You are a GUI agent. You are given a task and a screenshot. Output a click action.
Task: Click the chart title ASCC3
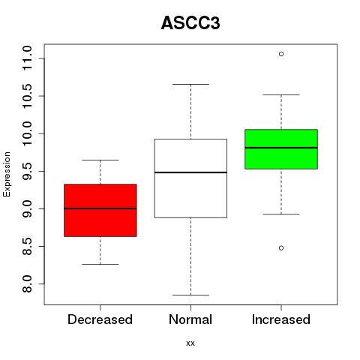point(190,23)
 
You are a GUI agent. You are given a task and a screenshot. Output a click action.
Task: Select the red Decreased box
point(100,210)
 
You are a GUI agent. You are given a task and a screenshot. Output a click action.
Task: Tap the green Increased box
point(281,149)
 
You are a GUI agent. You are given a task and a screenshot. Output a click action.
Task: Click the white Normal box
point(190,178)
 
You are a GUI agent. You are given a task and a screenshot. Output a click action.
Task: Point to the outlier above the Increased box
point(281,54)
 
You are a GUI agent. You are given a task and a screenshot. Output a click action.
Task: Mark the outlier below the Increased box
point(281,248)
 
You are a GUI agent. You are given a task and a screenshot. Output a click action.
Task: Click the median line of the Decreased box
point(100,208)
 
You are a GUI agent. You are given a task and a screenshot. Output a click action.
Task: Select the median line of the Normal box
point(190,172)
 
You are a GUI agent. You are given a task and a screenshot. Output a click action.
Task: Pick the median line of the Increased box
point(281,148)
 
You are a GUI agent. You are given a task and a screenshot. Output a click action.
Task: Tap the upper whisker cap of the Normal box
point(190,84)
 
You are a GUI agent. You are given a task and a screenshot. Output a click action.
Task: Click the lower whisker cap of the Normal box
point(190,295)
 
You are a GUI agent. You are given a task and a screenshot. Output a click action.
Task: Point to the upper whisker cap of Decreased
point(100,160)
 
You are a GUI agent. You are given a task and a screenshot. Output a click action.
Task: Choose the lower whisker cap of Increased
point(281,214)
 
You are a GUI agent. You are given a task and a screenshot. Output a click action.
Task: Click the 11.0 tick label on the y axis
point(27,58)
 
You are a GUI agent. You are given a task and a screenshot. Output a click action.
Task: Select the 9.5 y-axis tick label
point(27,171)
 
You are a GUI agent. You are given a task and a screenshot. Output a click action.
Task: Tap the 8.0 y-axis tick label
point(27,284)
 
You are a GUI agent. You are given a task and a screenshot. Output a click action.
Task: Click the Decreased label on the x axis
point(100,319)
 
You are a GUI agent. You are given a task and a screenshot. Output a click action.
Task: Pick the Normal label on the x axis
point(190,319)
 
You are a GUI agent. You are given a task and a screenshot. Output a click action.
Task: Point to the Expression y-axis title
point(7,174)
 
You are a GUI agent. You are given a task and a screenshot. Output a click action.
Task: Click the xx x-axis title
point(190,343)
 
